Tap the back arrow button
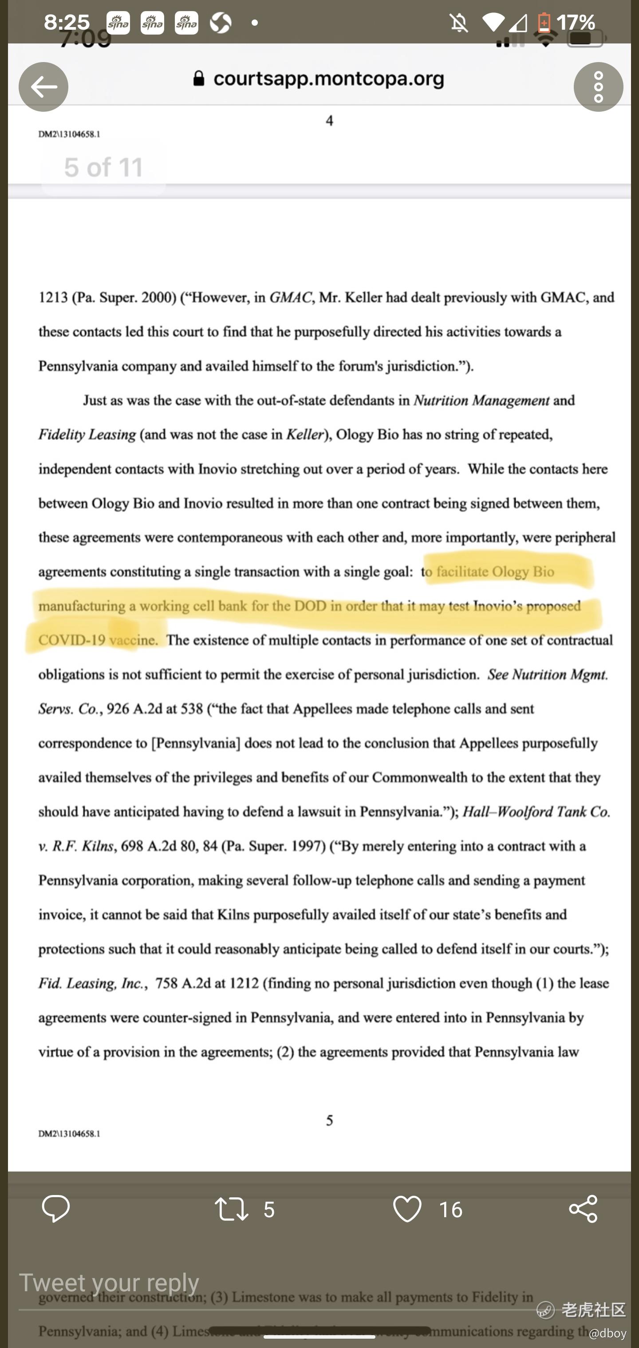click(x=43, y=87)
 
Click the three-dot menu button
click(x=598, y=87)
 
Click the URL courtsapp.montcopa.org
click(x=328, y=78)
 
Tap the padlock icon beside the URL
click(x=198, y=79)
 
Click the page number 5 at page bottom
click(x=329, y=1121)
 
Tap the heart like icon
click(x=407, y=1209)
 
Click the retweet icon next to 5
click(x=232, y=1209)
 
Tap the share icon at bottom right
click(x=583, y=1209)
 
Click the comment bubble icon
click(x=55, y=1209)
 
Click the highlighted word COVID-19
click(x=71, y=640)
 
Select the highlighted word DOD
click(x=310, y=606)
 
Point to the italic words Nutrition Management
click(x=481, y=400)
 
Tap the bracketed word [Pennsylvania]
click(x=195, y=743)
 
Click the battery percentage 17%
click(x=575, y=23)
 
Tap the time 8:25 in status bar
click(x=67, y=22)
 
